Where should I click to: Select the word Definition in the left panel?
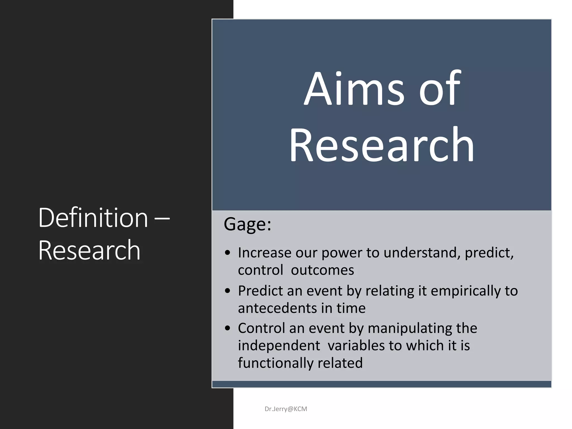(x=93, y=218)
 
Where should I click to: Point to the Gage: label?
(x=247, y=224)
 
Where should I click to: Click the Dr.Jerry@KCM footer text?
(x=286, y=409)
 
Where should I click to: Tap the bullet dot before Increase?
(x=228, y=253)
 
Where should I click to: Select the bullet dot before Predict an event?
(x=228, y=291)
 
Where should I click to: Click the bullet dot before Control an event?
(x=228, y=328)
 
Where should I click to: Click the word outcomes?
(x=322, y=270)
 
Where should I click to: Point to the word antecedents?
(x=277, y=308)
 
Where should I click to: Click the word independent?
(x=279, y=346)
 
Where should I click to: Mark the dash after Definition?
(x=162, y=218)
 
